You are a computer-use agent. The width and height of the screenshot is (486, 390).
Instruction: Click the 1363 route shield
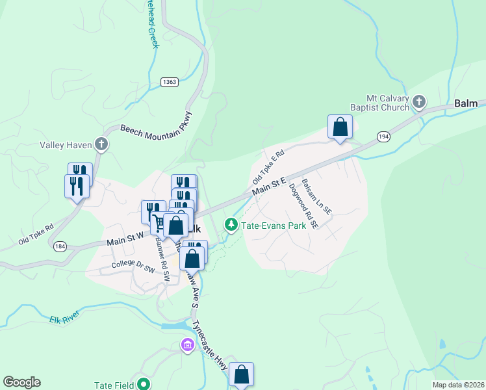click(170, 81)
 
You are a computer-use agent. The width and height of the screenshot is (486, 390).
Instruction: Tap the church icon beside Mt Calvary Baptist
click(419, 101)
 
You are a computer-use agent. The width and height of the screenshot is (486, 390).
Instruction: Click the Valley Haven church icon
click(101, 144)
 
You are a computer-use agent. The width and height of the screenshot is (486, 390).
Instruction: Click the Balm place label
click(466, 103)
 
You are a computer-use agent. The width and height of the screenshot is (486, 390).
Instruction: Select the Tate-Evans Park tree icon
click(231, 224)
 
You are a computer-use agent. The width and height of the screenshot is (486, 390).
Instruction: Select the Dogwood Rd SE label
click(303, 205)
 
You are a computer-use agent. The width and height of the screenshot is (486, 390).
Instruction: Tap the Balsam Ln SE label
click(317, 198)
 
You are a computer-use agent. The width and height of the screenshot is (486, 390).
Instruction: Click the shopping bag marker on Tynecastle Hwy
click(241, 374)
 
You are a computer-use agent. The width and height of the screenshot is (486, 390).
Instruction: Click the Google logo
click(21, 382)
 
